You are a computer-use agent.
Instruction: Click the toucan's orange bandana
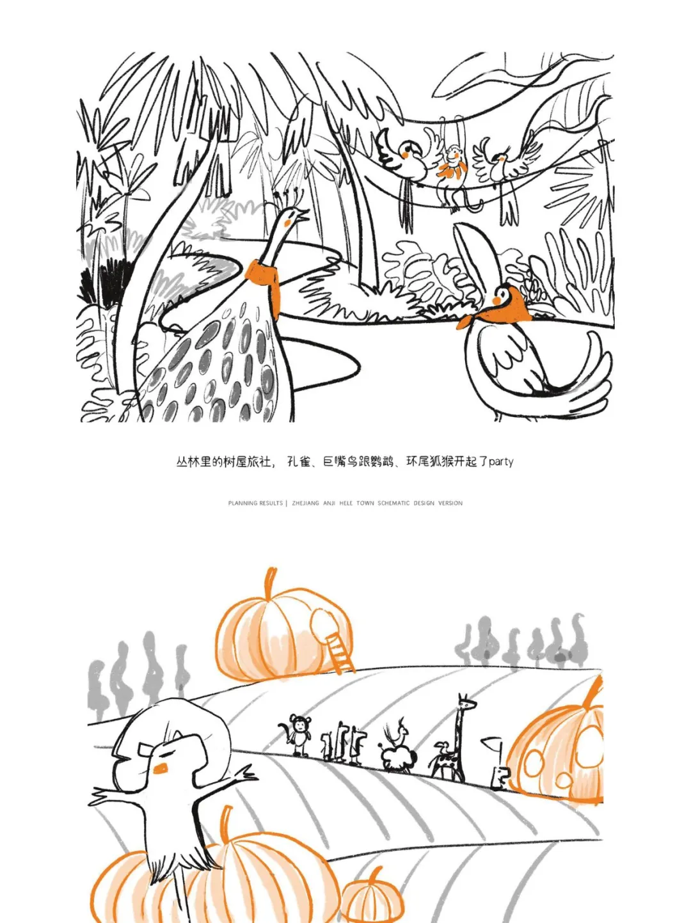[498, 313]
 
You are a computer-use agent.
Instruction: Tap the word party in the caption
[501, 462]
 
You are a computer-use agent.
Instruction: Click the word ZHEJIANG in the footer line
[305, 503]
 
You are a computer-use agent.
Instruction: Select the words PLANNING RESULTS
[255, 503]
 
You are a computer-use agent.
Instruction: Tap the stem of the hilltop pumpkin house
[269, 583]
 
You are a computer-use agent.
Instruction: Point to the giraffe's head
[467, 702]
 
